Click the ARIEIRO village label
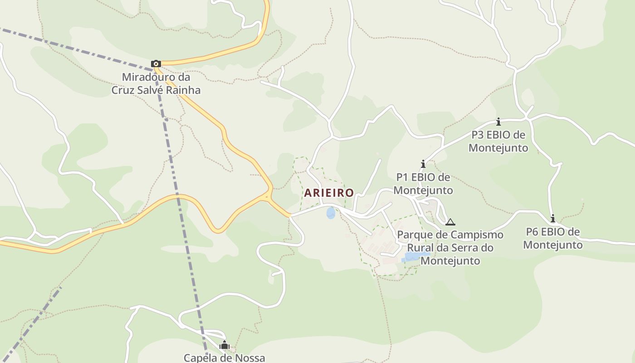pyautogui.click(x=329, y=192)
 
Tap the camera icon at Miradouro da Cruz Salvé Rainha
pyautogui.click(x=156, y=64)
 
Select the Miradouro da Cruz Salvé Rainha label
pyautogui.click(x=156, y=83)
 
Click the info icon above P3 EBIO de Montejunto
pyautogui.click(x=498, y=122)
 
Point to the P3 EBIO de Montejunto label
pyautogui.click(x=498, y=141)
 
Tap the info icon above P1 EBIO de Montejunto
pyautogui.click(x=423, y=164)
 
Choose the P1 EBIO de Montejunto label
pyautogui.click(x=423, y=183)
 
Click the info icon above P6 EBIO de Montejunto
pyautogui.click(x=552, y=219)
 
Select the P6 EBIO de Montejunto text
pyautogui.click(x=552, y=238)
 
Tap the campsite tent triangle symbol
pyautogui.click(x=450, y=222)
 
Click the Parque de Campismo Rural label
pyautogui.click(x=450, y=248)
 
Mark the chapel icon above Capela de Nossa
pyautogui.click(x=224, y=345)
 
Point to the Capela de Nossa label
pyautogui.click(x=224, y=358)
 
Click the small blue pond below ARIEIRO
pyautogui.click(x=331, y=213)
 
